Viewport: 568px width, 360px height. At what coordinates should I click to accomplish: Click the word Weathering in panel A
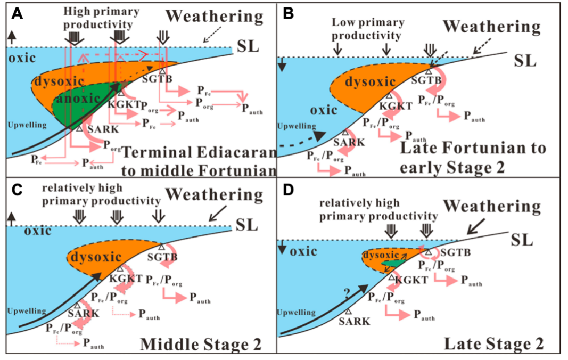[x=215, y=17]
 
